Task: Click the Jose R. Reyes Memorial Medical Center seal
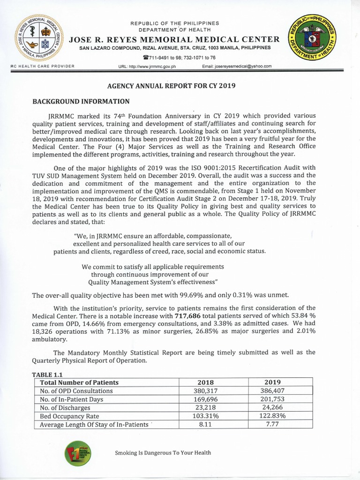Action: coord(37,38)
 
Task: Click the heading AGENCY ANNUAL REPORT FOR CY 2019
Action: coord(172,86)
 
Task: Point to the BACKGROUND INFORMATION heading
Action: coord(80,101)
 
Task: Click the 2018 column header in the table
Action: coord(205,382)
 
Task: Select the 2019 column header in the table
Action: coord(272,382)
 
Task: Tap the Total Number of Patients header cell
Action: coord(79,382)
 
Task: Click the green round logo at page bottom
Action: coord(78,452)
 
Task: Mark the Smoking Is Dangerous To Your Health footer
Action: coord(163,453)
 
